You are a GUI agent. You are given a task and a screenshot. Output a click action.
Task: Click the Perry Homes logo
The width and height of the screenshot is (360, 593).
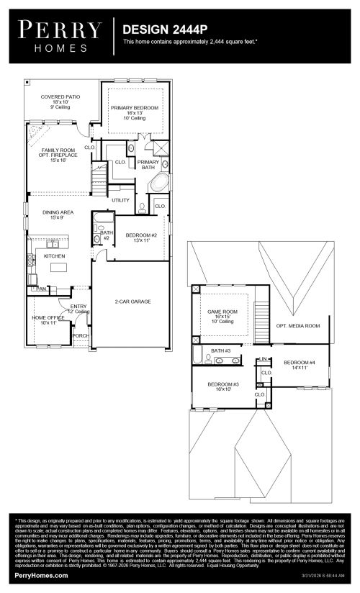click(60, 35)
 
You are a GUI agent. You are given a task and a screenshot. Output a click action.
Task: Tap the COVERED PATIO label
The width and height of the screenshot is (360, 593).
click(60, 96)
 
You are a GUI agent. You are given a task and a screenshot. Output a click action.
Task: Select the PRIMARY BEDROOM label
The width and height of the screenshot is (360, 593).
click(135, 108)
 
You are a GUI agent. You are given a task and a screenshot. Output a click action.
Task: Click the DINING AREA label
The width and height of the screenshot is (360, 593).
click(58, 212)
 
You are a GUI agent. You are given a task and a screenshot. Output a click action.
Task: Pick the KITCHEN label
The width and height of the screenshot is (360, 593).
click(55, 256)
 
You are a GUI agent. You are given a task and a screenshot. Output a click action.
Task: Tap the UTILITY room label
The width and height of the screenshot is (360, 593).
click(120, 199)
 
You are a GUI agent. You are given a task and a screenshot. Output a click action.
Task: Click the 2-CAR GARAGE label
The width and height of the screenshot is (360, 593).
click(133, 302)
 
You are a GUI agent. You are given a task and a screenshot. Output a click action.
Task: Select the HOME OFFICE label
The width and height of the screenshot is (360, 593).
click(48, 317)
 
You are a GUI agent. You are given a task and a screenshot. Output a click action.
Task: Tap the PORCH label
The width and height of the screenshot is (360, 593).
click(81, 335)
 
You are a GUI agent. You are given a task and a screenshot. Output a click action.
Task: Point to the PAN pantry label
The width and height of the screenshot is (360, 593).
click(42, 289)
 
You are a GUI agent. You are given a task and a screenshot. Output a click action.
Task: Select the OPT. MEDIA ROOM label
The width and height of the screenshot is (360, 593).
click(297, 326)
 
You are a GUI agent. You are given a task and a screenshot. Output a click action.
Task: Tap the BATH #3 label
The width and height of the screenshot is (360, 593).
click(220, 350)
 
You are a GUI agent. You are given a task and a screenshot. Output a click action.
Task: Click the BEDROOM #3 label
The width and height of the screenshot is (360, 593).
click(223, 385)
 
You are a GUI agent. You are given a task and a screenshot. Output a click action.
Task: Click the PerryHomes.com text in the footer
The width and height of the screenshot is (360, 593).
click(42, 576)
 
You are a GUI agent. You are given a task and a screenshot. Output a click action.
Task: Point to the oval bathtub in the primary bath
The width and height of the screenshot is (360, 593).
click(159, 181)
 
